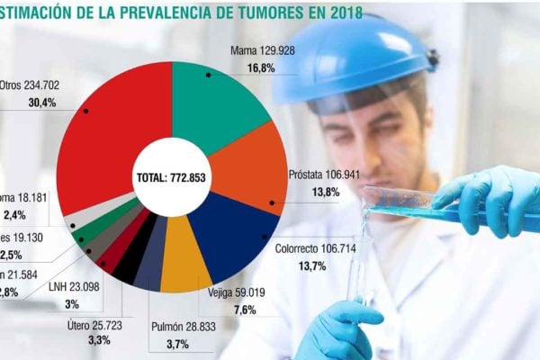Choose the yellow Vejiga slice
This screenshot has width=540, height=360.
[x=184, y=251]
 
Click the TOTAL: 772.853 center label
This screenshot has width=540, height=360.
[x=170, y=177]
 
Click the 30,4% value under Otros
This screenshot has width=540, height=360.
[x=41, y=103]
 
